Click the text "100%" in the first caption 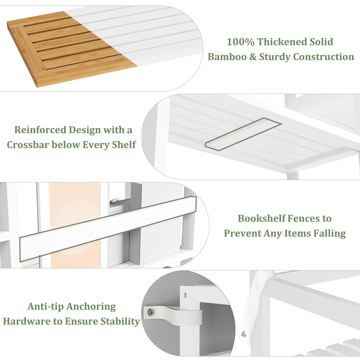pos(240,42)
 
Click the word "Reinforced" pos(40,130)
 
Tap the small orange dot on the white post pos(185,295)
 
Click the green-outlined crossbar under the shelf pos(243,134)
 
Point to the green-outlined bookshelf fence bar pos(108,229)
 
